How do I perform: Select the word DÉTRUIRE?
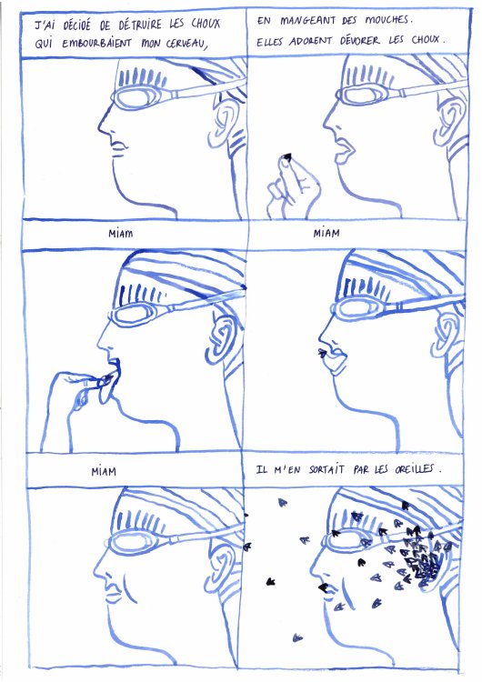pyautogui.click(x=140, y=25)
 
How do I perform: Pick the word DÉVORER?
pyautogui.click(x=359, y=41)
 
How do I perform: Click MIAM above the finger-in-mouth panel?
pyautogui.click(x=120, y=234)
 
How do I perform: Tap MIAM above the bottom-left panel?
pyautogui.click(x=104, y=471)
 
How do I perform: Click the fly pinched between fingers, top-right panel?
pyautogui.click(x=287, y=157)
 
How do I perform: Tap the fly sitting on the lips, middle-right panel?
pyautogui.click(x=322, y=352)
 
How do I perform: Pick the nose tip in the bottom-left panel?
pyautogui.click(x=95, y=570)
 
